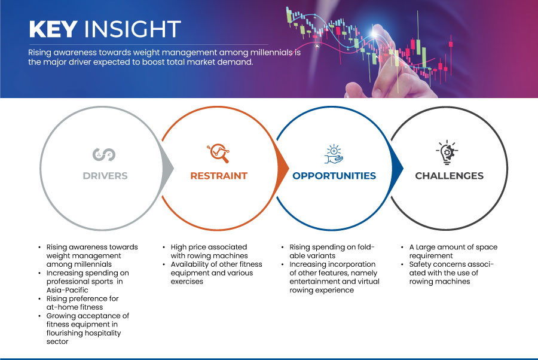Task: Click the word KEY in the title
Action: coord(53,29)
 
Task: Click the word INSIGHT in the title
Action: coord(133,29)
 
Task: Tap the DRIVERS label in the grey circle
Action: coord(105,176)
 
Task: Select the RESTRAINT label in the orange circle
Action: coord(219,176)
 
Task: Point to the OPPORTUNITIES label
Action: coord(334,176)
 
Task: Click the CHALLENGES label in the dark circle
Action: coord(449,176)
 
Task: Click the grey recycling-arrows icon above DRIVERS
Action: coord(104,154)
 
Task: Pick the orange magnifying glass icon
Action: coord(219,153)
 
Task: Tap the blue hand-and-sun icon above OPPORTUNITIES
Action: coord(334,154)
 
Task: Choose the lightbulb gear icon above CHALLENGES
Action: coord(447,152)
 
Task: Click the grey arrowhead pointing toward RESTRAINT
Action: coord(168,168)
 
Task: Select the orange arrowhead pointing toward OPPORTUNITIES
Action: coord(283,168)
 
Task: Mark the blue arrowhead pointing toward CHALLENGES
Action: coord(398,168)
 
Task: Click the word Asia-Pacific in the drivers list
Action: coord(67,290)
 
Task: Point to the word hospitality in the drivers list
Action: coord(102,333)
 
